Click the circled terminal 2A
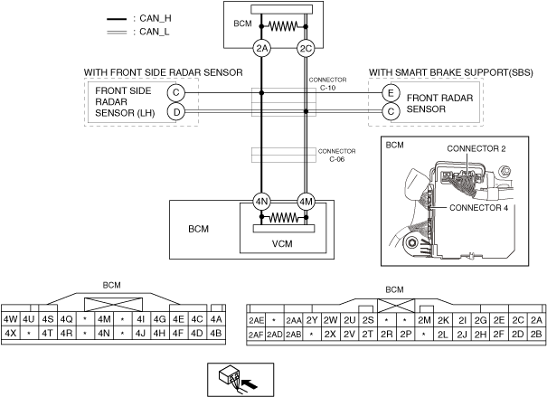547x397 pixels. click(261, 49)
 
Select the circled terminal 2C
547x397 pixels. click(306, 49)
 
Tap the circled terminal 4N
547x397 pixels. click(261, 202)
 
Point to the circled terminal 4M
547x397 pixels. click(306, 202)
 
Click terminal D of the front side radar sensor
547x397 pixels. click(176, 112)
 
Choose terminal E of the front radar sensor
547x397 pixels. click(391, 93)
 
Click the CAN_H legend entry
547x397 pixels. click(139, 18)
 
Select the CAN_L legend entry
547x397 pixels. click(138, 32)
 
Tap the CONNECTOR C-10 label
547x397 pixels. click(327, 84)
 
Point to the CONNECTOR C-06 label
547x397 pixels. click(336, 155)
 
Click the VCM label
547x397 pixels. click(282, 243)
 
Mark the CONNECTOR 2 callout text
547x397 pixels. click(476, 148)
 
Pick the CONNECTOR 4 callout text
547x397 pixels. click(478, 208)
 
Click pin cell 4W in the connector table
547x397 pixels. click(11, 319)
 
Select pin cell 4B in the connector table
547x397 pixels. click(216, 333)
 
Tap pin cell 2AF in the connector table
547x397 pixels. click(256, 335)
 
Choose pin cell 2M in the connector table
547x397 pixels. click(424, 320)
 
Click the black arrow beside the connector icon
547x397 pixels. click(250, 384)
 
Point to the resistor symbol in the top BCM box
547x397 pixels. click(283, 26)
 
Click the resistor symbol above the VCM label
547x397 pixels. click(284, 218)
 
